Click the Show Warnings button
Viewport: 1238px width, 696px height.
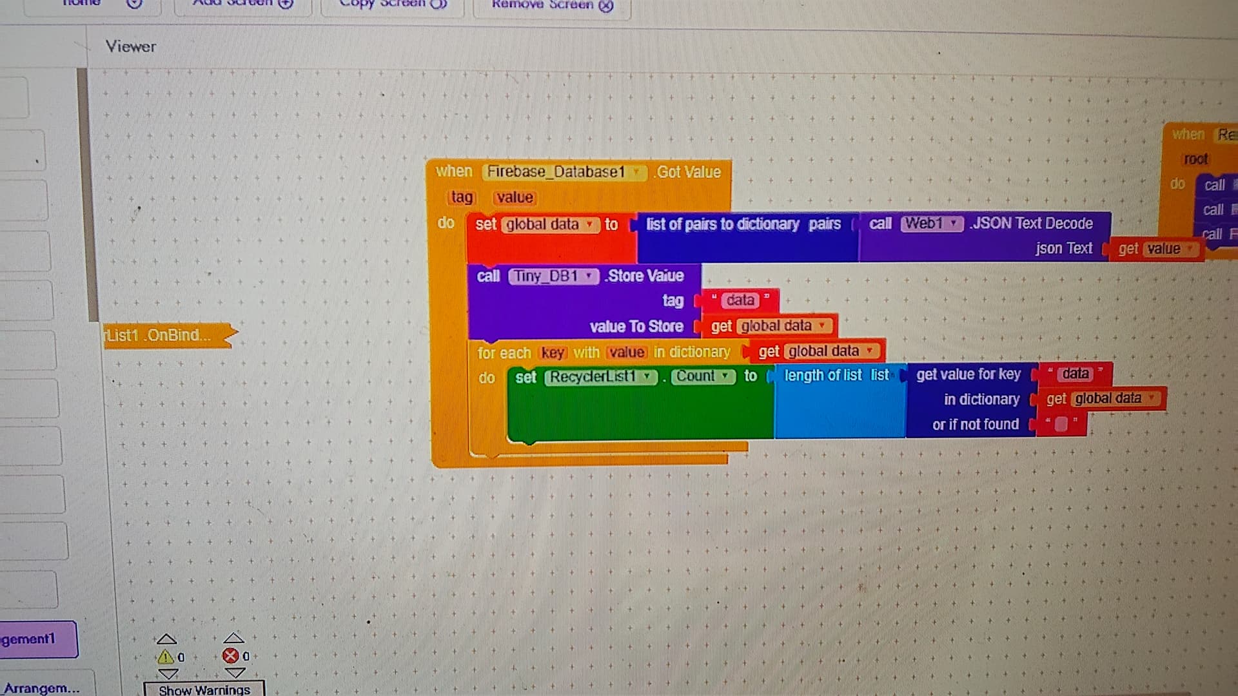point(204,690)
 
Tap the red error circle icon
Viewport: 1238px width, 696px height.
point(230,656)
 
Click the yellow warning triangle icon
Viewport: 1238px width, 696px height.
point(165,657)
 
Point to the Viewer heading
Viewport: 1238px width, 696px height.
point(131,46)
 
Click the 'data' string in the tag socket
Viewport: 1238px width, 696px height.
point(740,300)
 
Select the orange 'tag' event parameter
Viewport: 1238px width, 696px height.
point(462,197)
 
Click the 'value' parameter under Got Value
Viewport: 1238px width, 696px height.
point(515,197)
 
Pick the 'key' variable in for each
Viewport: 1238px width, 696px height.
point(552,353)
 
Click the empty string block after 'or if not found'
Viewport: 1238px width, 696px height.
point(1061,424)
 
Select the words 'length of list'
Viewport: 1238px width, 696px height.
point(822,375)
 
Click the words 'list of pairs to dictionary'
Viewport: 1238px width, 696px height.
point(722,224)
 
